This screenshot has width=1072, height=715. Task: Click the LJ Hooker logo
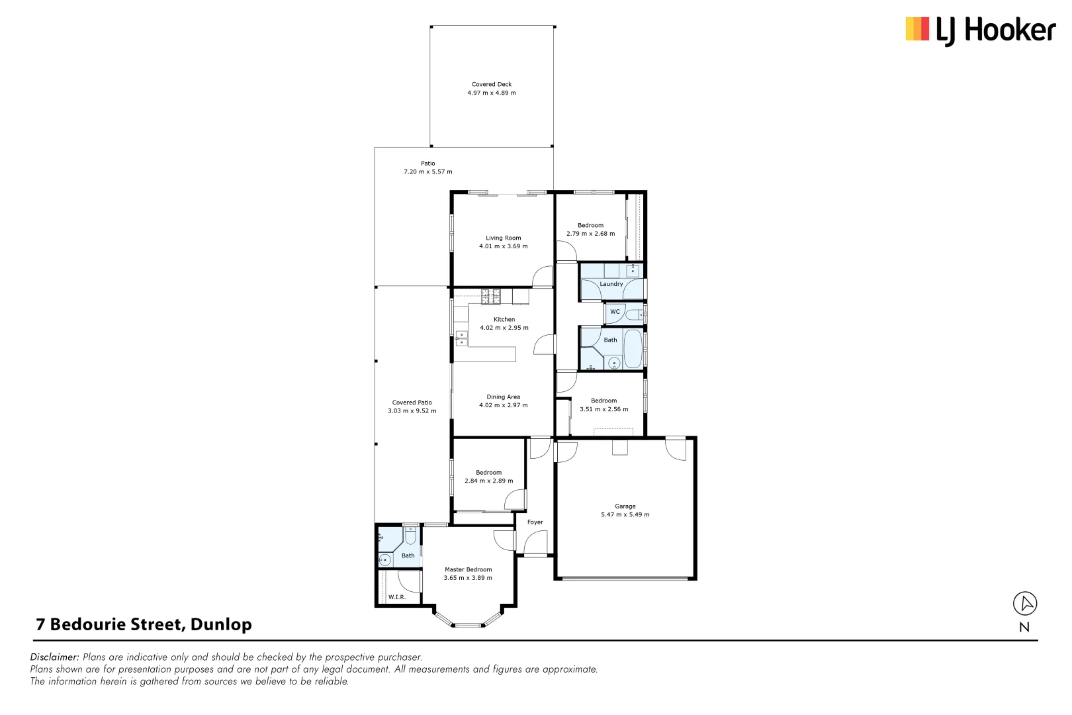pos(980,30)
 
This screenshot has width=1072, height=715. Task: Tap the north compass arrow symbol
pos(1025,603)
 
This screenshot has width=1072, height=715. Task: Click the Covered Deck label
pos(492,84)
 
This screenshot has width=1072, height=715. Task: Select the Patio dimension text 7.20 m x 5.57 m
pos(428,172)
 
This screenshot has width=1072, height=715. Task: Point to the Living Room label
pos(504,238)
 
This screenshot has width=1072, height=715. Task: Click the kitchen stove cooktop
pos(490,297)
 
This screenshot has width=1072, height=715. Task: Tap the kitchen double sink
pos(461,339)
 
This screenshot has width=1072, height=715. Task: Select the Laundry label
pos(611,284)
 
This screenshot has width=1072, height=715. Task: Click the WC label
pos(615,312)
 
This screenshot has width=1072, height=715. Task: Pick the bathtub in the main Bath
pos(633,349)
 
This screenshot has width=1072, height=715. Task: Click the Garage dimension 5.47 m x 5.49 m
pos(625,515)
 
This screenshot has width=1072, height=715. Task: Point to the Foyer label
pos(535,522)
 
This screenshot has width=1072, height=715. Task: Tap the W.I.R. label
pos(397,597)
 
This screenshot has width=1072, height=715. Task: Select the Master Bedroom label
pos(469,569)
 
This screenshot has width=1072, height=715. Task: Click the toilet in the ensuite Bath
pos(410,536)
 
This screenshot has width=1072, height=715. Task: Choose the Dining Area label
pos(504,397)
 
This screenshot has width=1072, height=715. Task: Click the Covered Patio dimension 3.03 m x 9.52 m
pos(412,411)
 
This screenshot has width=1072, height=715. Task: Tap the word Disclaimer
pos(54,657)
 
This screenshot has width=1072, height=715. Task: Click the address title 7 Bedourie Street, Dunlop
pos(144,624)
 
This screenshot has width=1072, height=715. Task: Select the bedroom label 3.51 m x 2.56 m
pos(604,409)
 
